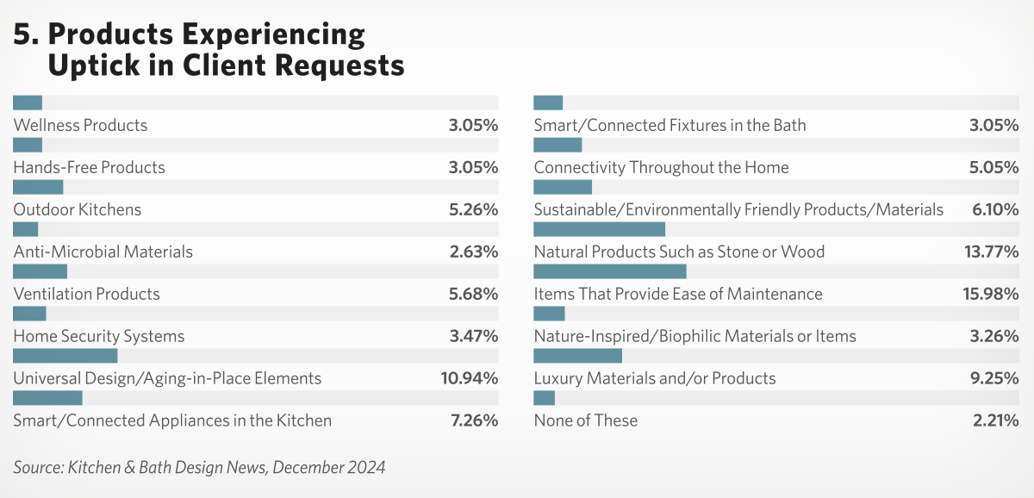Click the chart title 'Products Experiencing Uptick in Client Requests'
coord(209,49)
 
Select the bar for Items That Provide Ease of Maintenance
coord(609,271)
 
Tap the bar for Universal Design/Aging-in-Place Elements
coord(65,356)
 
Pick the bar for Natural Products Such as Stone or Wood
coord(599,229)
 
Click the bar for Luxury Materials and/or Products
coord(577,356)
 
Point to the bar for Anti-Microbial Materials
coord(26,229)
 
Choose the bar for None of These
coord(545,398)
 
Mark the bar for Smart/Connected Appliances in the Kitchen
coord(47,398)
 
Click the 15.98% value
coord(991,294)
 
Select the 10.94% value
coord(470,378)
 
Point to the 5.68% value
coord(473,294)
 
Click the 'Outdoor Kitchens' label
coord(78,209)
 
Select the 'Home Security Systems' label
coord(99,336)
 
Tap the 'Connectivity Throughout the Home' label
coord(661,167)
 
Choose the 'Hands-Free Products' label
coord(90,167)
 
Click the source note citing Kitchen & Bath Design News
coord(199,467)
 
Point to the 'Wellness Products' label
coord(80,125)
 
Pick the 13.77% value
coord(991,252)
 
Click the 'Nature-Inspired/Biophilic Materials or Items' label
coord(695,336)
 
